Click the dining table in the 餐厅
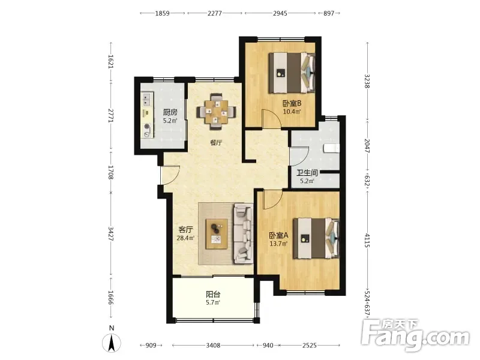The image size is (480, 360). coord(217,112)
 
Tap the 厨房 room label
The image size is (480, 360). coord(170,112)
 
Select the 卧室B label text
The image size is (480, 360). coord(292,103)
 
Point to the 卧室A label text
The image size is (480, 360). coord(278,235)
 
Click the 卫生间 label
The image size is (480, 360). coord(307,173)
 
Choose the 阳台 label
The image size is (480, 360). coord(213,295)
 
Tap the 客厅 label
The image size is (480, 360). coord(186,230)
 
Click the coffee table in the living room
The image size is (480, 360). coord(217,234)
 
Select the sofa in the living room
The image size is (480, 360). coord(244,234)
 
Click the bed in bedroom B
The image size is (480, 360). coord(292,73)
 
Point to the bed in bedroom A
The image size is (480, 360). coord(316,238)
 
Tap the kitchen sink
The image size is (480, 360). coord(146,99)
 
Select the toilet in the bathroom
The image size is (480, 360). coord(332,148)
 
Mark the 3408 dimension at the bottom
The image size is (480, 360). coord(213,346)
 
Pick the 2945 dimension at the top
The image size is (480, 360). coord(280,13)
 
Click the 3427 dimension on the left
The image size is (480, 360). coord(111,233)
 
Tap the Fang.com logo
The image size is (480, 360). coord(415,335)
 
